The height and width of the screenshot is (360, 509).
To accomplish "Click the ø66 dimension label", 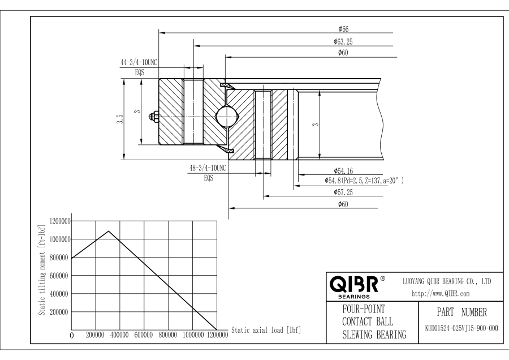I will coord(343,28).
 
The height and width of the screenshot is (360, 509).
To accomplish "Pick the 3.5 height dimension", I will coord(120,119).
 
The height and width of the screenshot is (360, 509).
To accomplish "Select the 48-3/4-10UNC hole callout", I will coord(208,168).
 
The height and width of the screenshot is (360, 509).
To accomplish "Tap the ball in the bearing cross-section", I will coord(227,118).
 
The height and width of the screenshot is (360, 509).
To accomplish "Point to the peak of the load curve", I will coord(108,231).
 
